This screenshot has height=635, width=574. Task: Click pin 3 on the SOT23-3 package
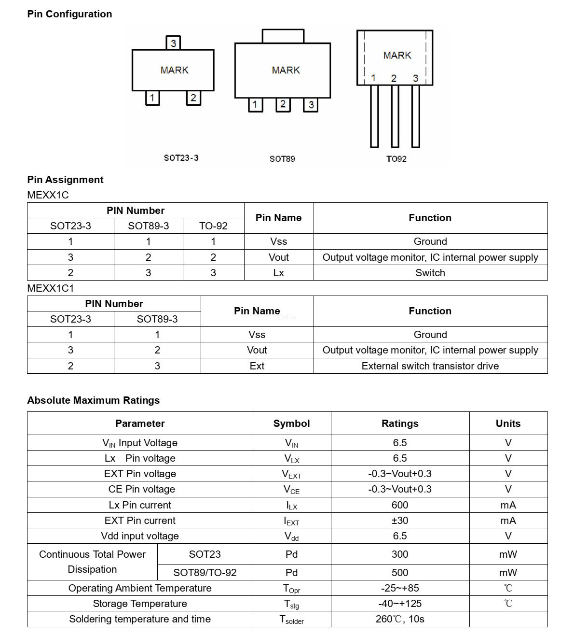pyautogui.click(x=173, y=43)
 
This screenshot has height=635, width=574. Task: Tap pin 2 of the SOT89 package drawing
pyautogui.click(x=283, y=104)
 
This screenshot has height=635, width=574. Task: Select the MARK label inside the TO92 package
pyautogui.click(x=397, y=56)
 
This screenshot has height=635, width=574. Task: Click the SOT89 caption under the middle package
pyautogui.click(x=282, y=159)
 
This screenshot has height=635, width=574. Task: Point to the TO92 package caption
pyautogui.click(x=396, y=159)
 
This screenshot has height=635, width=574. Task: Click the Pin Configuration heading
pyautogui.click(x=69, y=14)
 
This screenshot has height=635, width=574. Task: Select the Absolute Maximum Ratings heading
pyautogui.click(x=93, y=400)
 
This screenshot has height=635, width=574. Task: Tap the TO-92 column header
pyautogui.click(x=213, y=226)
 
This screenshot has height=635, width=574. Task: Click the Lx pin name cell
pyautogui.click(x=278, y=273)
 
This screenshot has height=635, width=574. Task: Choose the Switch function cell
pyautogui.click(x=430, y=273)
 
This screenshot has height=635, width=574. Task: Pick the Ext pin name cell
pyautogui.click(x=257, y=366)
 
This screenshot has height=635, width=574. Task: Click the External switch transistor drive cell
pyautogui.click(x=430, y=366)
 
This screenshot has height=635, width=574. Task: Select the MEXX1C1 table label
pyautogui.click(x=51, y=288)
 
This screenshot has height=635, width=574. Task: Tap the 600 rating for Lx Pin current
pyautogui.click(x=399, y=505)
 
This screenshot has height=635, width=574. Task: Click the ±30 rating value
pyautogui.click(x=399, y=521)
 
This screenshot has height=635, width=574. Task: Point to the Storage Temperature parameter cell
pyautogui.click(x=140, y=604)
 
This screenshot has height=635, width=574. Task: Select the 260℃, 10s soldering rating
pyautogui.click(x=399, y=619)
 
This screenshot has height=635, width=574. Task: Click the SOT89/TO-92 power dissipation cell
pyautogui.click(x=205, y=573)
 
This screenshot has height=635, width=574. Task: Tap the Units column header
pyautogui.click(x=508, y=423)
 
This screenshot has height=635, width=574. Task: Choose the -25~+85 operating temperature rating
pyautogui.click(x=399, y=588)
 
